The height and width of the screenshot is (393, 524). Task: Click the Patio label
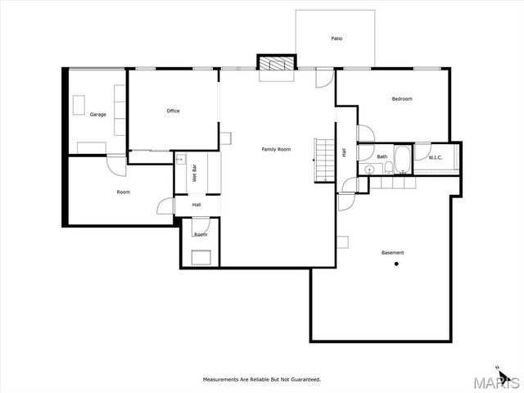[337, 38]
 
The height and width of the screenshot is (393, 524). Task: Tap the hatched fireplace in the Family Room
[276, 63]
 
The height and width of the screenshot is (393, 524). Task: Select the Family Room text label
[276, 149]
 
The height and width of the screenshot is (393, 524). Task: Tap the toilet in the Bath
[382, 169]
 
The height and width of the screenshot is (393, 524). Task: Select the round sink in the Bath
[369, 169]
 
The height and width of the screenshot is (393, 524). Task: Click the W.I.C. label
[436, 157]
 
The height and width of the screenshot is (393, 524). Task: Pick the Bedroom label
[401, 99]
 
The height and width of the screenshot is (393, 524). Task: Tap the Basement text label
[392, 252]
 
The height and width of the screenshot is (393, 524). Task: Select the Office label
[173, 111]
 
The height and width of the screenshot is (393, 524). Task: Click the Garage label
[98, 114]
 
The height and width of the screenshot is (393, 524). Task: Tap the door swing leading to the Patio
[326, 79]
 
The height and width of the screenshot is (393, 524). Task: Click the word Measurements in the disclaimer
[221, 379]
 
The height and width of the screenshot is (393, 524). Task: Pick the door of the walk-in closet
[422, 151]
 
